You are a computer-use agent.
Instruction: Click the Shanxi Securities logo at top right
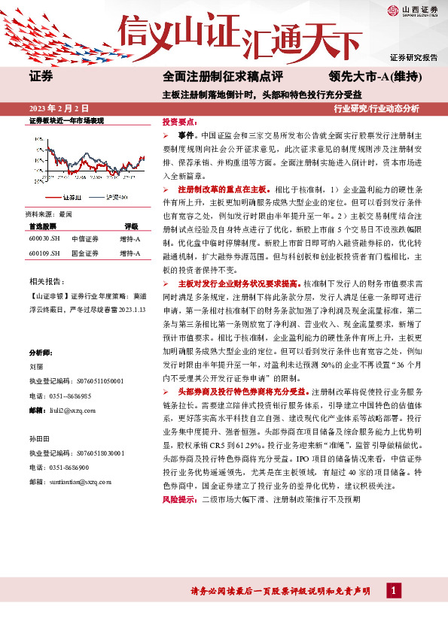[414, 10]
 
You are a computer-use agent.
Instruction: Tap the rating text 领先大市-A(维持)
[374, 77]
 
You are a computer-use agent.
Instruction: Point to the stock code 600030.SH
[44, 239]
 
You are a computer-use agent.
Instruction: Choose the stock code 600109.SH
[44, 254]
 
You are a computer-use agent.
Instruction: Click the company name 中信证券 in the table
[85, 239]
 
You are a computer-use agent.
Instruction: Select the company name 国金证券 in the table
[85, 254]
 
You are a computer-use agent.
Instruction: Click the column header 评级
[131, 226]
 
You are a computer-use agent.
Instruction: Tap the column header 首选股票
[43, 226]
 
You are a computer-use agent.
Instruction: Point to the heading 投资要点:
[178, 121]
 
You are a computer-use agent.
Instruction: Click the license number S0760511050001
[101, 381]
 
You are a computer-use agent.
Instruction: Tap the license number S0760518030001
[101, 453]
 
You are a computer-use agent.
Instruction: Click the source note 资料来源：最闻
[50, 214]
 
